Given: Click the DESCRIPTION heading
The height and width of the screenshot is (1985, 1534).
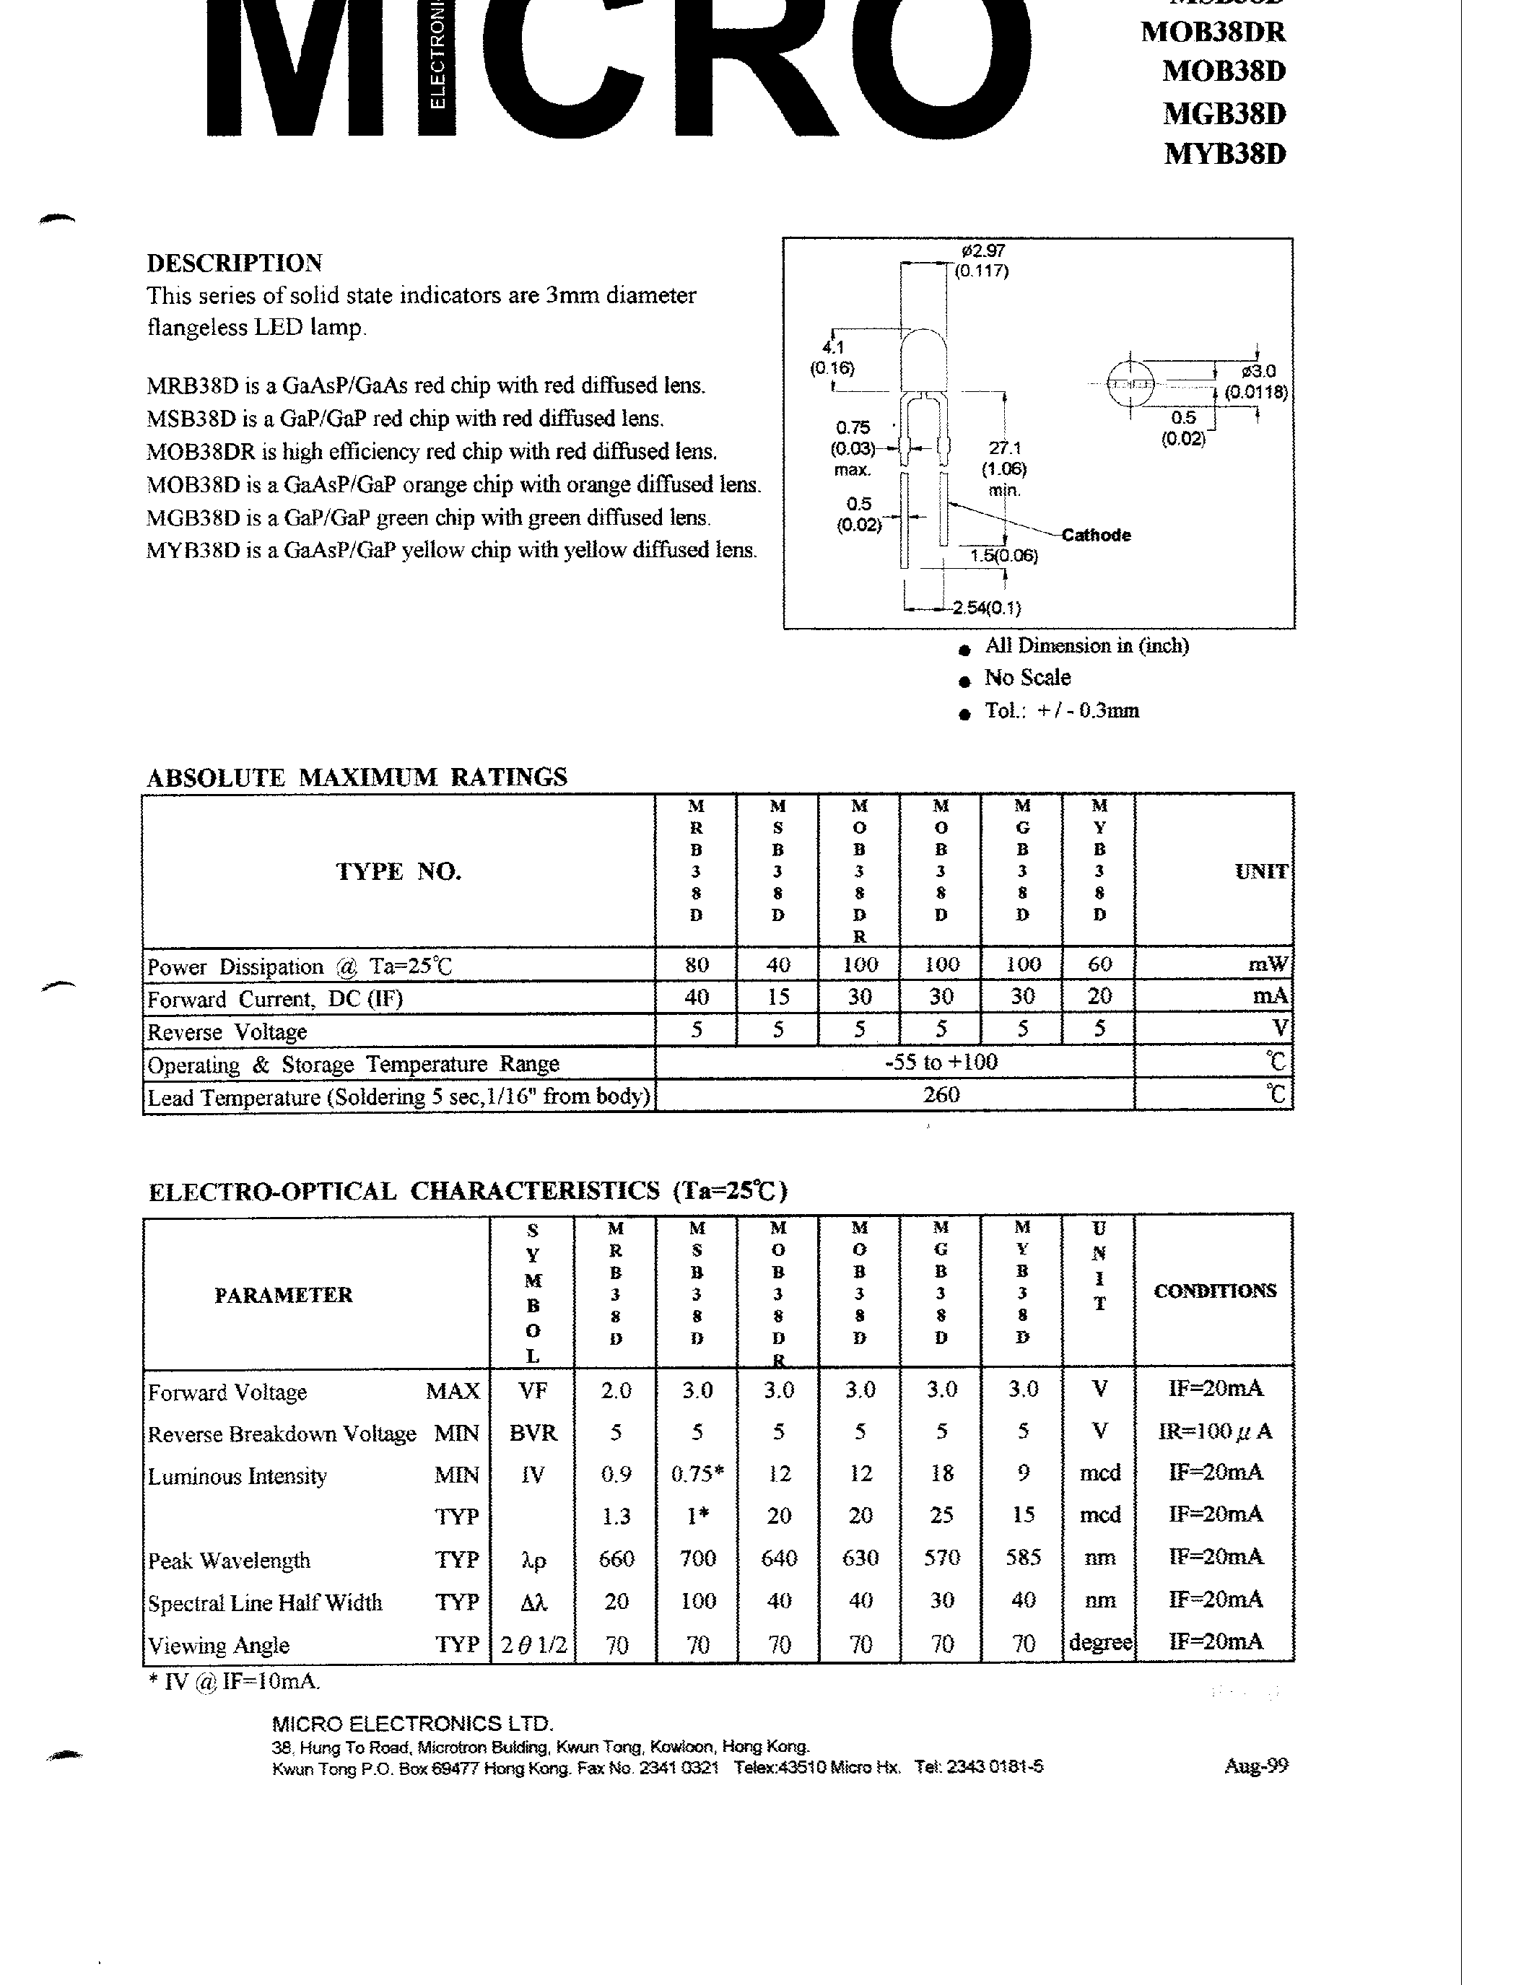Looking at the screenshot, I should coord(235,263).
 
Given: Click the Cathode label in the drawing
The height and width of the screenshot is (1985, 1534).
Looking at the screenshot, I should coord(1096,536).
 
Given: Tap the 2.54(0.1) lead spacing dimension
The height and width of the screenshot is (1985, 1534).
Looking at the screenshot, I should coord(985,608).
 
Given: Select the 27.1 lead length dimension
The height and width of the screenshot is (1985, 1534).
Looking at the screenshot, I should coord(1004,448).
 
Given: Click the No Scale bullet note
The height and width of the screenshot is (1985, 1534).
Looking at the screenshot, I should coord(1027,678).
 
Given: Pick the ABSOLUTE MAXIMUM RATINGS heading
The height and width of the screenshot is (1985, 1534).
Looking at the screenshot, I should coord(357,777).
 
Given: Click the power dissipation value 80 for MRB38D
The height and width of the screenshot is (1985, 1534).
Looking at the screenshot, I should coord(696,964).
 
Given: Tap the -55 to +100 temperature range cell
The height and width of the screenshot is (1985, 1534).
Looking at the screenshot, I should coord(941,1062).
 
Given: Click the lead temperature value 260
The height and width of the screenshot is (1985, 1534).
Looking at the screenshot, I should coord(941,1094).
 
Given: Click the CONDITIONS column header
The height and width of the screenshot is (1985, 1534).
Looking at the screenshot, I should coord(1214,1291).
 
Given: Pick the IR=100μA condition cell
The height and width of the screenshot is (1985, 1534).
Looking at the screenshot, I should coord(1214,1431).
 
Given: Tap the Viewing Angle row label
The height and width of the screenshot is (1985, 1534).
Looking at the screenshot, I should coord(218,1645).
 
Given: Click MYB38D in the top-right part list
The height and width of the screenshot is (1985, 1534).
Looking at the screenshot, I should coord(1224,154).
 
